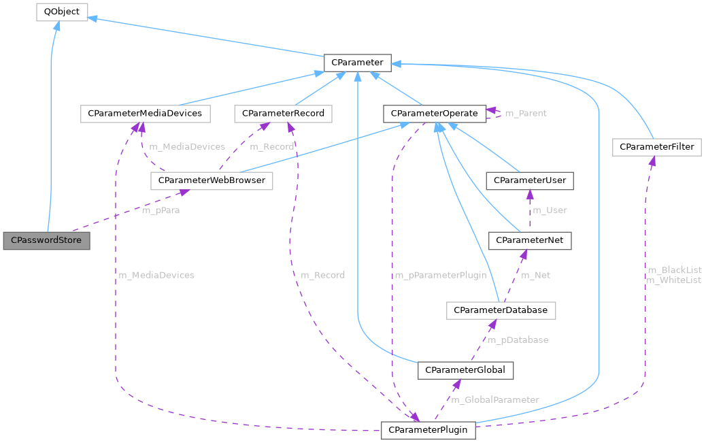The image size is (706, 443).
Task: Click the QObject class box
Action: pyautogui.click(x=61, y=12)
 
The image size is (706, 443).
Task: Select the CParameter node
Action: pyautogui.click(x=356, y=63)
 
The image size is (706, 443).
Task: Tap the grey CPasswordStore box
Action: pyautogui.click(x=46, y=240)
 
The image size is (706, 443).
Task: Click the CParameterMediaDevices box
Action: pyautogui.click(x=145, y=113)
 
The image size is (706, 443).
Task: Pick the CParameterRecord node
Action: pyautogui.click(x=283, y=113)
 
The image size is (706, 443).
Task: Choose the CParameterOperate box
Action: pyautogui.click(x=435, y=113)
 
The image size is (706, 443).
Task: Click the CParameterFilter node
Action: pyautogui.click(x=656, y=146)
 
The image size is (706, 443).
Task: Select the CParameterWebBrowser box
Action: pyautogui.click(x=211, y=181)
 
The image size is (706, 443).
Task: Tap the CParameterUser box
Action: pyautogui.click(x=530, y=180)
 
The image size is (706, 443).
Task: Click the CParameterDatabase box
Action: pyautogui.click(x=501, y=310)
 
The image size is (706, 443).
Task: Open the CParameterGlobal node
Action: pyautogui.click(x=465, y=370)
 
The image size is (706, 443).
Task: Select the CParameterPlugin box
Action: pyautogui.click(x=428, y=430)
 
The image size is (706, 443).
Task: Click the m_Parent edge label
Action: pyautogui.click(x=526, y=113)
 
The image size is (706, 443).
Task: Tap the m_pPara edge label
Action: pyautogui.click(x=161, y=210)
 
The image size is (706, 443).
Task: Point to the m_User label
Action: pyautogui.click(x=549, y=210)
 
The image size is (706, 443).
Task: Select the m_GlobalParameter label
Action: pyautogui.click(x=495, y=399)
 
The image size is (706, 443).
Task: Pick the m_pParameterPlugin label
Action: pyautogui.click(x=441, y=275)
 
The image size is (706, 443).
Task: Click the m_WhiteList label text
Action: pyautogui.click(x=673, y=280)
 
